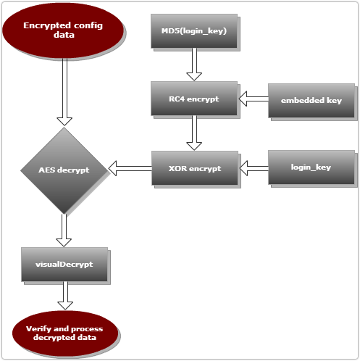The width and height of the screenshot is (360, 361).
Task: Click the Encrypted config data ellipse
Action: point(63,30)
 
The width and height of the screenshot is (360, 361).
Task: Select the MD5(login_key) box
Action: point(194,31)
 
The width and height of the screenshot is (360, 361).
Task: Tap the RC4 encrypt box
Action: point(194,99)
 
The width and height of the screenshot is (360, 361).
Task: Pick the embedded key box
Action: point(311,101)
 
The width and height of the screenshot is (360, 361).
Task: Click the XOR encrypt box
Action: point(195,168)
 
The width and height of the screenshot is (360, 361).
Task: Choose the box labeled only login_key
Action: point(311,167)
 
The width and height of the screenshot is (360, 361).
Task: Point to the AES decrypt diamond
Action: point(64,170)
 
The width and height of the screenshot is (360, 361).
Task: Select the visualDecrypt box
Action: point(64,265)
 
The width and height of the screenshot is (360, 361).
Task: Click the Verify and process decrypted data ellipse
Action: point(65,333)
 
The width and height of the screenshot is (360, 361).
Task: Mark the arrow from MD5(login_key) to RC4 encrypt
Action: point(194,65)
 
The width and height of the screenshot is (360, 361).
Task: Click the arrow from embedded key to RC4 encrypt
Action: point(254,99)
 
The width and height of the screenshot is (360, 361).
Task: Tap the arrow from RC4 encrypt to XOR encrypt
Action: point(194,133)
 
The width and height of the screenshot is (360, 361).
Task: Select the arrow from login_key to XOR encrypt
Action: point(254,168)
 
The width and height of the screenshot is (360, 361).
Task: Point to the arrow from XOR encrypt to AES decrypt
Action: point(130,168)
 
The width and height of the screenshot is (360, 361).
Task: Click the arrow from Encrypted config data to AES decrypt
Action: point(64,92)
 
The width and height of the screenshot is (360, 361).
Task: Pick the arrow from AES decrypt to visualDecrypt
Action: point(64,230)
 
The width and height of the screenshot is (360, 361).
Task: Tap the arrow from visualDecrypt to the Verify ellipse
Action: point(65,295)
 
